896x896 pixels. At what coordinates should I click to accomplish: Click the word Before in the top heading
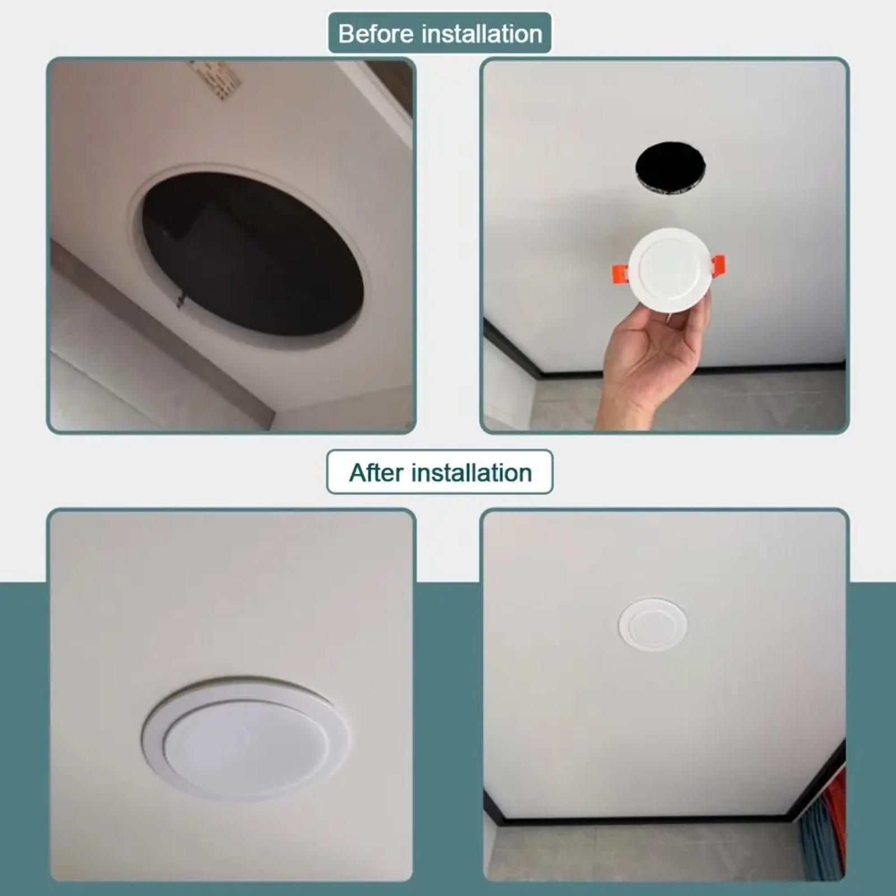click(376, 34)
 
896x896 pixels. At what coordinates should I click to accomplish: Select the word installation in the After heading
click(472, 473)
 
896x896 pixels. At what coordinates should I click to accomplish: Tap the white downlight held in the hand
click(669, 269)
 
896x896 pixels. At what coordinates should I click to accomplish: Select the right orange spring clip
click(718, 265)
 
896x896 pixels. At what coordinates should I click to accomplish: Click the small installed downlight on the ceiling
click(652, 624)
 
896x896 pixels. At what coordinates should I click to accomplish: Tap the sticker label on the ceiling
click(216, 80)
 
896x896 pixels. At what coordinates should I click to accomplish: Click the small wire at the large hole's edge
click(180, 301)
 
